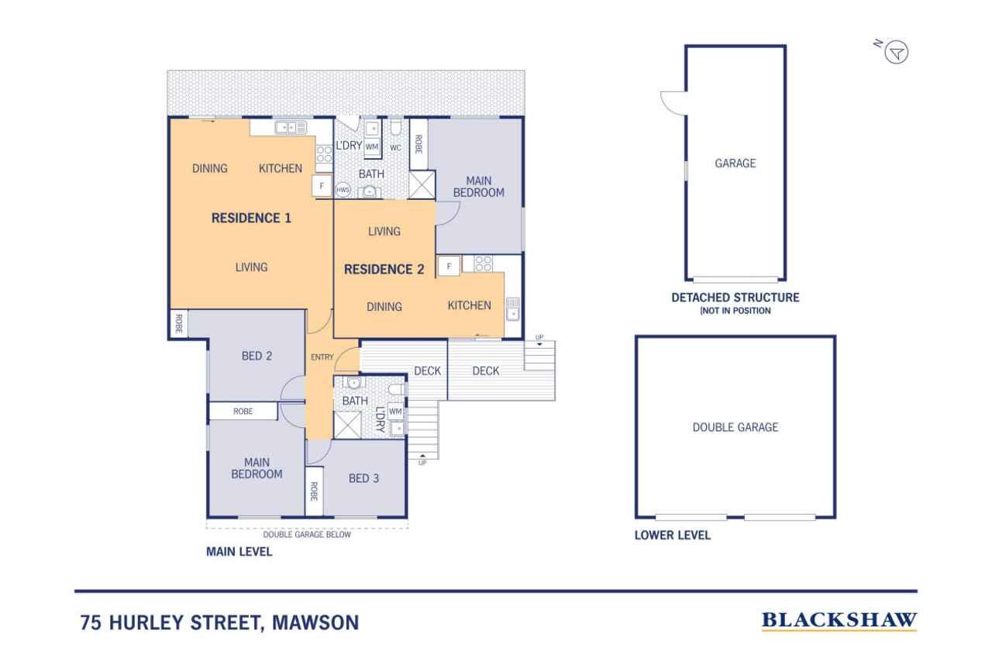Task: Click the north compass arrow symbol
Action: point(897,53)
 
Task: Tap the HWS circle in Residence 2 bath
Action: point(343,190)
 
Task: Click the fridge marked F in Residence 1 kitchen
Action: point(322,186)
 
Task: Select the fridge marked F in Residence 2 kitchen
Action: point(449,267)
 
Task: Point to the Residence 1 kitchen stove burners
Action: point(324,154)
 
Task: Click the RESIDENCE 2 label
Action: point(384,269)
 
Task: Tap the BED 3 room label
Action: point(363,478)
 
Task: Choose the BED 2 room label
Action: point(257,356)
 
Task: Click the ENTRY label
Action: point(322,356)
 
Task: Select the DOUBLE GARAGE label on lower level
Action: point(735,427)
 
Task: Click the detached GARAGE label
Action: point(735,164)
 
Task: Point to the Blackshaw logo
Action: point(839,621)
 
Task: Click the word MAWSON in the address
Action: point(315,622)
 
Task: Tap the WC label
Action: point(395,147)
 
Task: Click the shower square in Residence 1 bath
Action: point(347,425)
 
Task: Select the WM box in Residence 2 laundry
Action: point(372,146)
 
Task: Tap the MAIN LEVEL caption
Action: point(239,552)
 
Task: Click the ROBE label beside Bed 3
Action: point(314,491)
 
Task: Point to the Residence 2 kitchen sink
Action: point(512,308)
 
